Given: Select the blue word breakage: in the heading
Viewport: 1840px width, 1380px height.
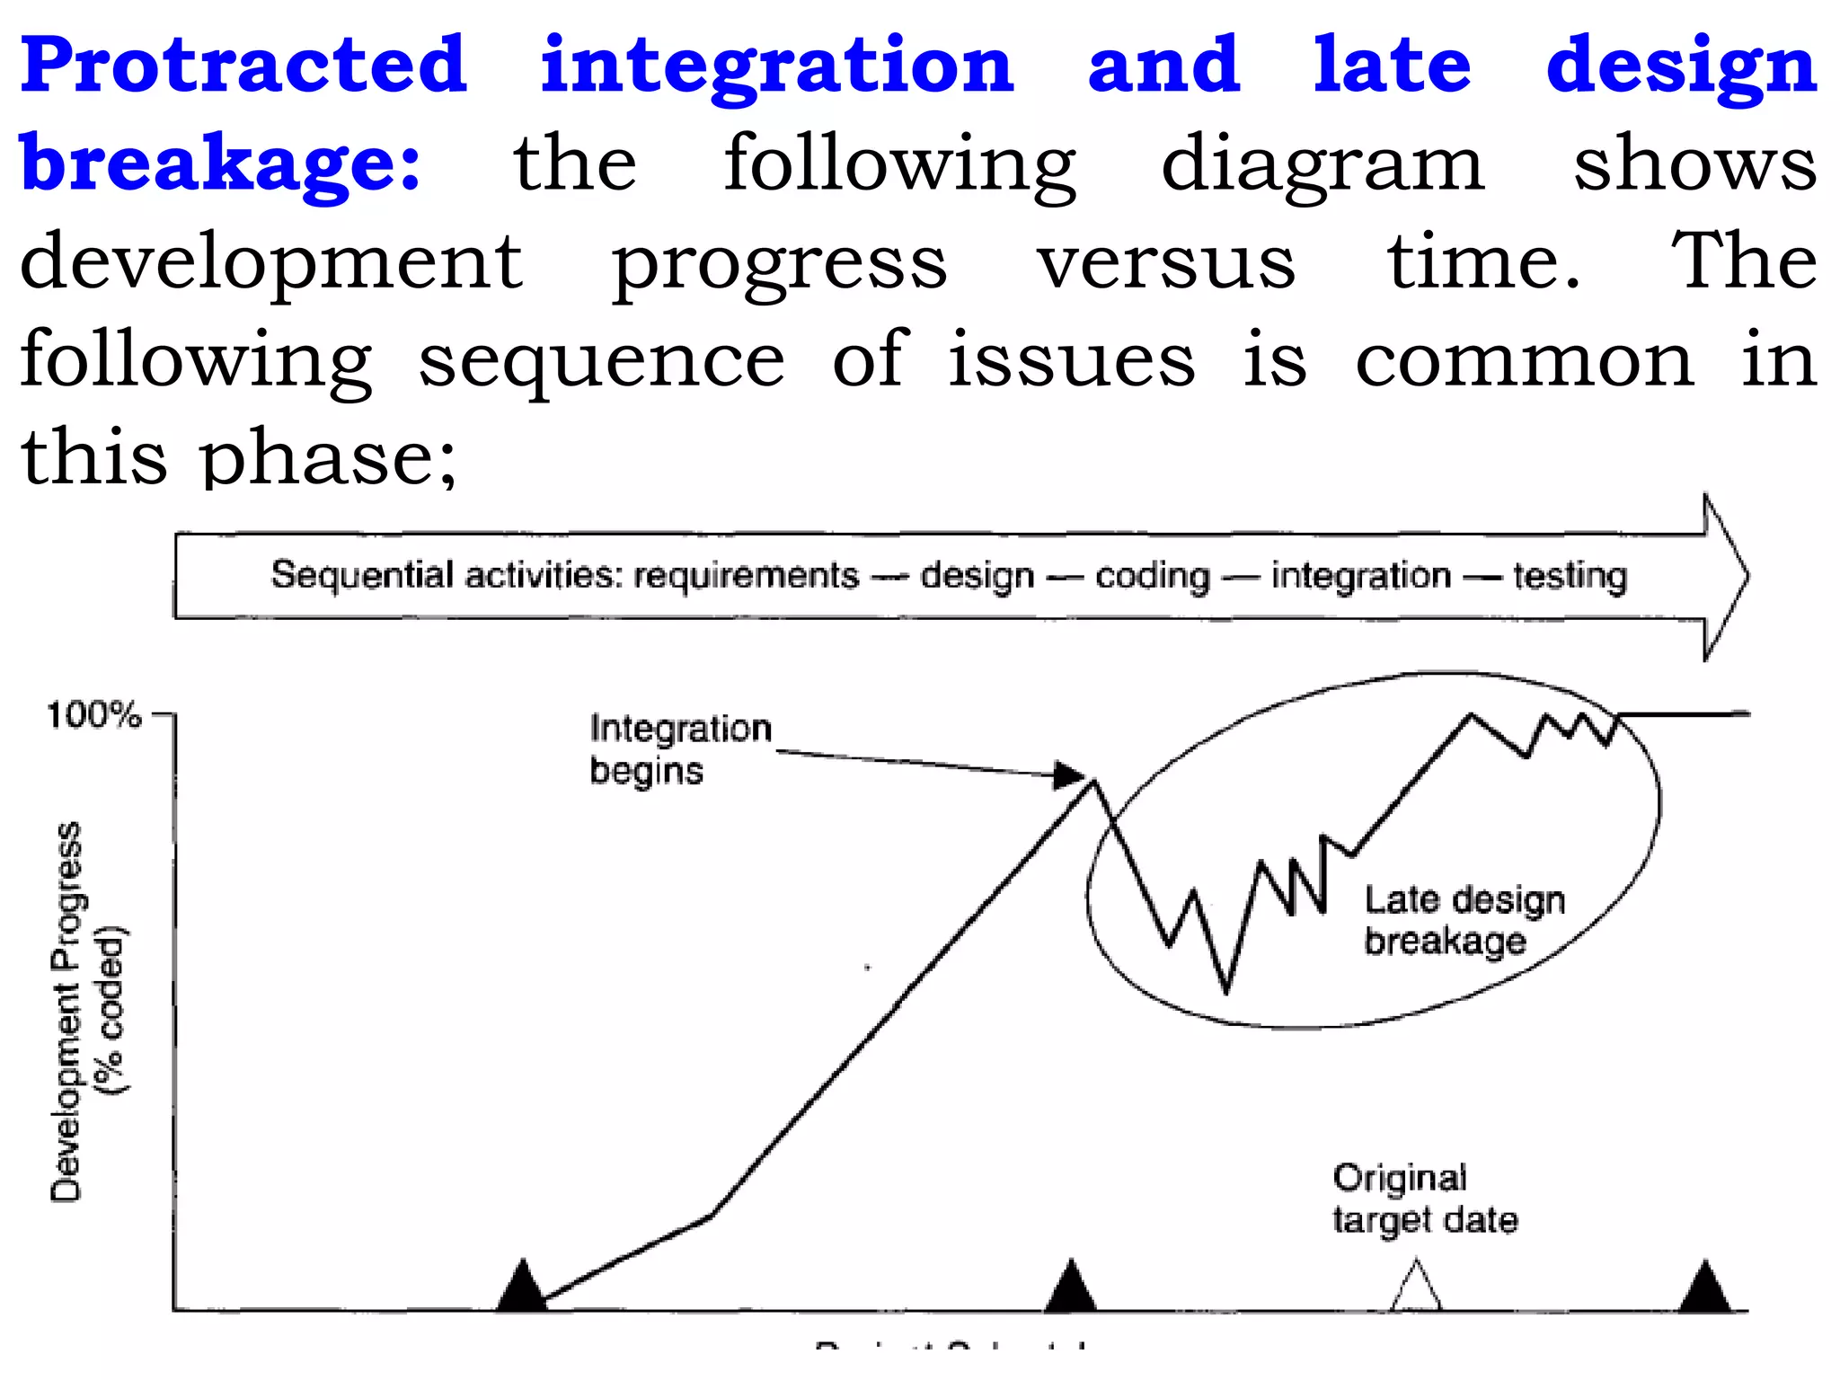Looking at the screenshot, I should point(220,164).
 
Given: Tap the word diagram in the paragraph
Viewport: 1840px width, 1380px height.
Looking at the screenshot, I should point(1322,165).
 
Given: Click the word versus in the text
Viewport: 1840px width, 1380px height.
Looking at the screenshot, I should point(1165,262).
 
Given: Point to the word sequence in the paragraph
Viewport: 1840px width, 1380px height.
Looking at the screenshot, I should point(601,359).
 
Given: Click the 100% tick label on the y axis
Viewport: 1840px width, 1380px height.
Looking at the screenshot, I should point(94,715).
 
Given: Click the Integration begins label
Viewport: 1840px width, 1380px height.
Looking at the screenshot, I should point(679,748).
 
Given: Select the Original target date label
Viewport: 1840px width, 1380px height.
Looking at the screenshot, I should point(1424,1199).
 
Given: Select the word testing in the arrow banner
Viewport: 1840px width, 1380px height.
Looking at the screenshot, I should point(1570,575).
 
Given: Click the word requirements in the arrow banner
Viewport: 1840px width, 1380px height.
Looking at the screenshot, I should point(746,575).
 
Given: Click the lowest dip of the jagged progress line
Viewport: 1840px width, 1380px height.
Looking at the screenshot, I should point(1226,990).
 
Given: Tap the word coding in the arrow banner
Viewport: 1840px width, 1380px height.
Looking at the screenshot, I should point(1152,576).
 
